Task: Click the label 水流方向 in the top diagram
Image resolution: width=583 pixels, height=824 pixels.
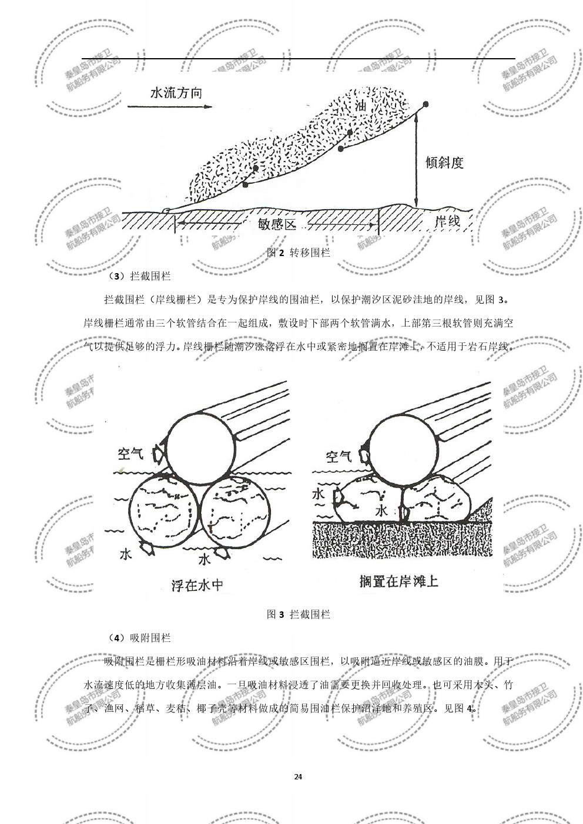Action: [x=176, y=93]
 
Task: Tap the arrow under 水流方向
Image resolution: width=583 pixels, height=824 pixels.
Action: [x=169, y=107]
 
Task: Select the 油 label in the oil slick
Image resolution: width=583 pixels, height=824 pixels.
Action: [x=361, y=106]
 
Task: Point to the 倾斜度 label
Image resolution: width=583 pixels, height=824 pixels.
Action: [x=444, y=163]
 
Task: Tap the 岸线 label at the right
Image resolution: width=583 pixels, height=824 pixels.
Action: [x=446, y=222]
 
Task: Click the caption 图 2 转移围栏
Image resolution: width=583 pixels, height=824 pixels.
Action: [x=299, y=253]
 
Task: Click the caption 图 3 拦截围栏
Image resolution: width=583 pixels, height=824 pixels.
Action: [x=299, y=615]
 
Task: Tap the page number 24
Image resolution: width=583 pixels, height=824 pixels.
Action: [x=298, y=777]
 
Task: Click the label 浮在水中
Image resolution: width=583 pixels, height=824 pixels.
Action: [x=197, y=584]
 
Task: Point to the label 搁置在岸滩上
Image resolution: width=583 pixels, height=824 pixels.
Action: [x=399, y=581]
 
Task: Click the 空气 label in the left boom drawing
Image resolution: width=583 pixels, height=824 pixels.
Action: [x=130, y=454]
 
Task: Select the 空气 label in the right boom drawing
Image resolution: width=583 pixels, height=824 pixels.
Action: [x=339, y=456]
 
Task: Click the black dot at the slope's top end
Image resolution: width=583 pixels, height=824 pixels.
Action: [x=425, y=104]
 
